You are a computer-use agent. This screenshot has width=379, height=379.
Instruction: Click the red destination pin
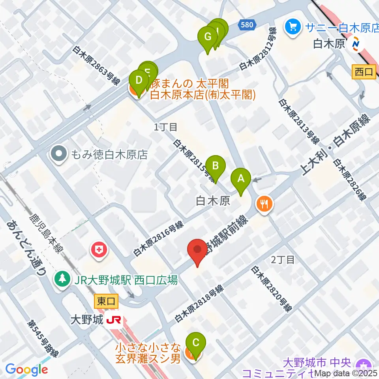(x=197, y=251)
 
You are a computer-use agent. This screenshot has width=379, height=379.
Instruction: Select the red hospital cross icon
(x=98, y=250)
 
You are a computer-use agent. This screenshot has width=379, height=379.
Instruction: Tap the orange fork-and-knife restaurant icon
(x=264, y=204)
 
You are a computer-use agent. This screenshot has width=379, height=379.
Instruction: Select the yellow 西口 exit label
(x=363, y=72)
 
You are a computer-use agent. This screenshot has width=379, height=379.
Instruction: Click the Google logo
(x=26, y=370)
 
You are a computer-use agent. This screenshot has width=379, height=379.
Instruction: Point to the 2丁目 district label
(x=283, y=259)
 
